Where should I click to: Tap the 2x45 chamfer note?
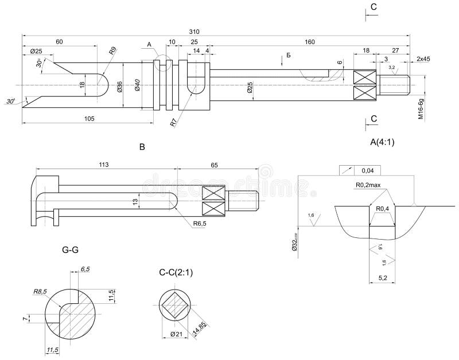(x=424, y=59)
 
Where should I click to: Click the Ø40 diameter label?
(x=138, y=85)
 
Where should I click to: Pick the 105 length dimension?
(x=89, y=118)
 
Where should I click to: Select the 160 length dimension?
(x=310, y=42)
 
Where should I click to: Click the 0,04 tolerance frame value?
(x=368, y=170)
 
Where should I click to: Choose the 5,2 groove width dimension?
(x=383, y=277)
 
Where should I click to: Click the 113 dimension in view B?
(x=103, y=165)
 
